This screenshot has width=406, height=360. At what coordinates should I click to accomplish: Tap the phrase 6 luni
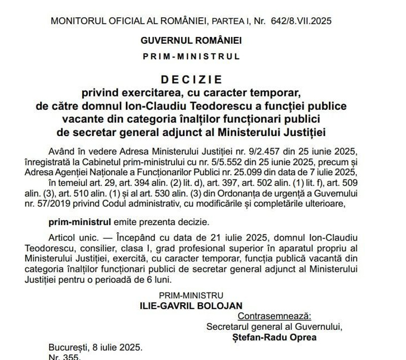(164, 279)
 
